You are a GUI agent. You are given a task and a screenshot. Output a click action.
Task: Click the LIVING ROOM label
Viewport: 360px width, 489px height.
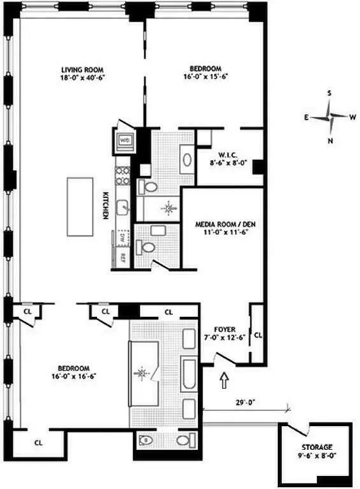point(82,69)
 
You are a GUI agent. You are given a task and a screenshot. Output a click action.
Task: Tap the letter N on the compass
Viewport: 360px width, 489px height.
point(329,141)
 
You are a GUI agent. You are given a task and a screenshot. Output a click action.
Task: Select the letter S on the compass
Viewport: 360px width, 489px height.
point(329,93)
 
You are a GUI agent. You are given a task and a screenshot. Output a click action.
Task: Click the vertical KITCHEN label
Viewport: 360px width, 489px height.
point(106,206)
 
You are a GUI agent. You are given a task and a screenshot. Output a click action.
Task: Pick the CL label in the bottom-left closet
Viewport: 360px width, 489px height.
point(38,441)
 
